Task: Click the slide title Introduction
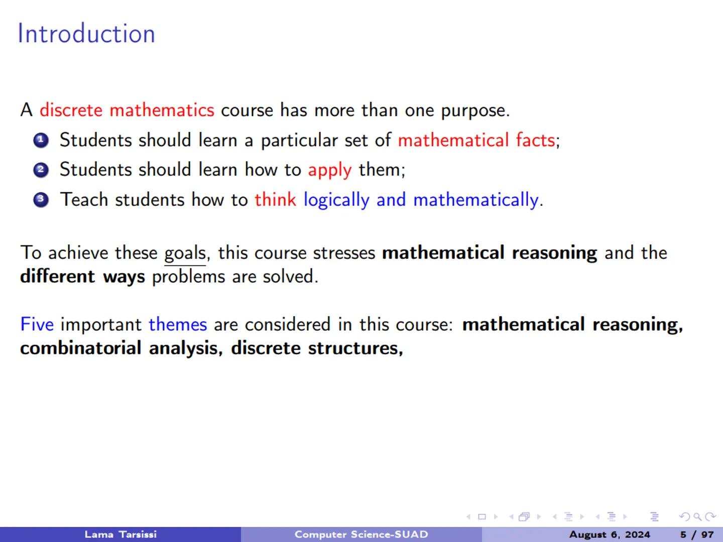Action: (86, 34)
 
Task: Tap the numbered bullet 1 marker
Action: (41, 141)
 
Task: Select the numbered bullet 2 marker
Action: (41, 170)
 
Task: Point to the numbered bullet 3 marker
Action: (41, 200)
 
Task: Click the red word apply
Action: (329, 170)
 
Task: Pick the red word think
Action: (275, 200)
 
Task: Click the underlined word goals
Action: (185, 253)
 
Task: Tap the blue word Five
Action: (37, 324)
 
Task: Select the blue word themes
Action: (178, 324)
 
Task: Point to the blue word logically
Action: (336, 200)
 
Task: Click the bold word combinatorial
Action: (80, 348)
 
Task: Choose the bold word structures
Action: (354, 348)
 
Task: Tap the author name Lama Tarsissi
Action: (120, 534)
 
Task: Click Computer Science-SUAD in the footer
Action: (361, 534)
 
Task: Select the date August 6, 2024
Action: (609, 534)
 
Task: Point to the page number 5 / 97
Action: (697, 534)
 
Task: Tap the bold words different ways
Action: (82, 277)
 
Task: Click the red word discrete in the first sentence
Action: (71, 110)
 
